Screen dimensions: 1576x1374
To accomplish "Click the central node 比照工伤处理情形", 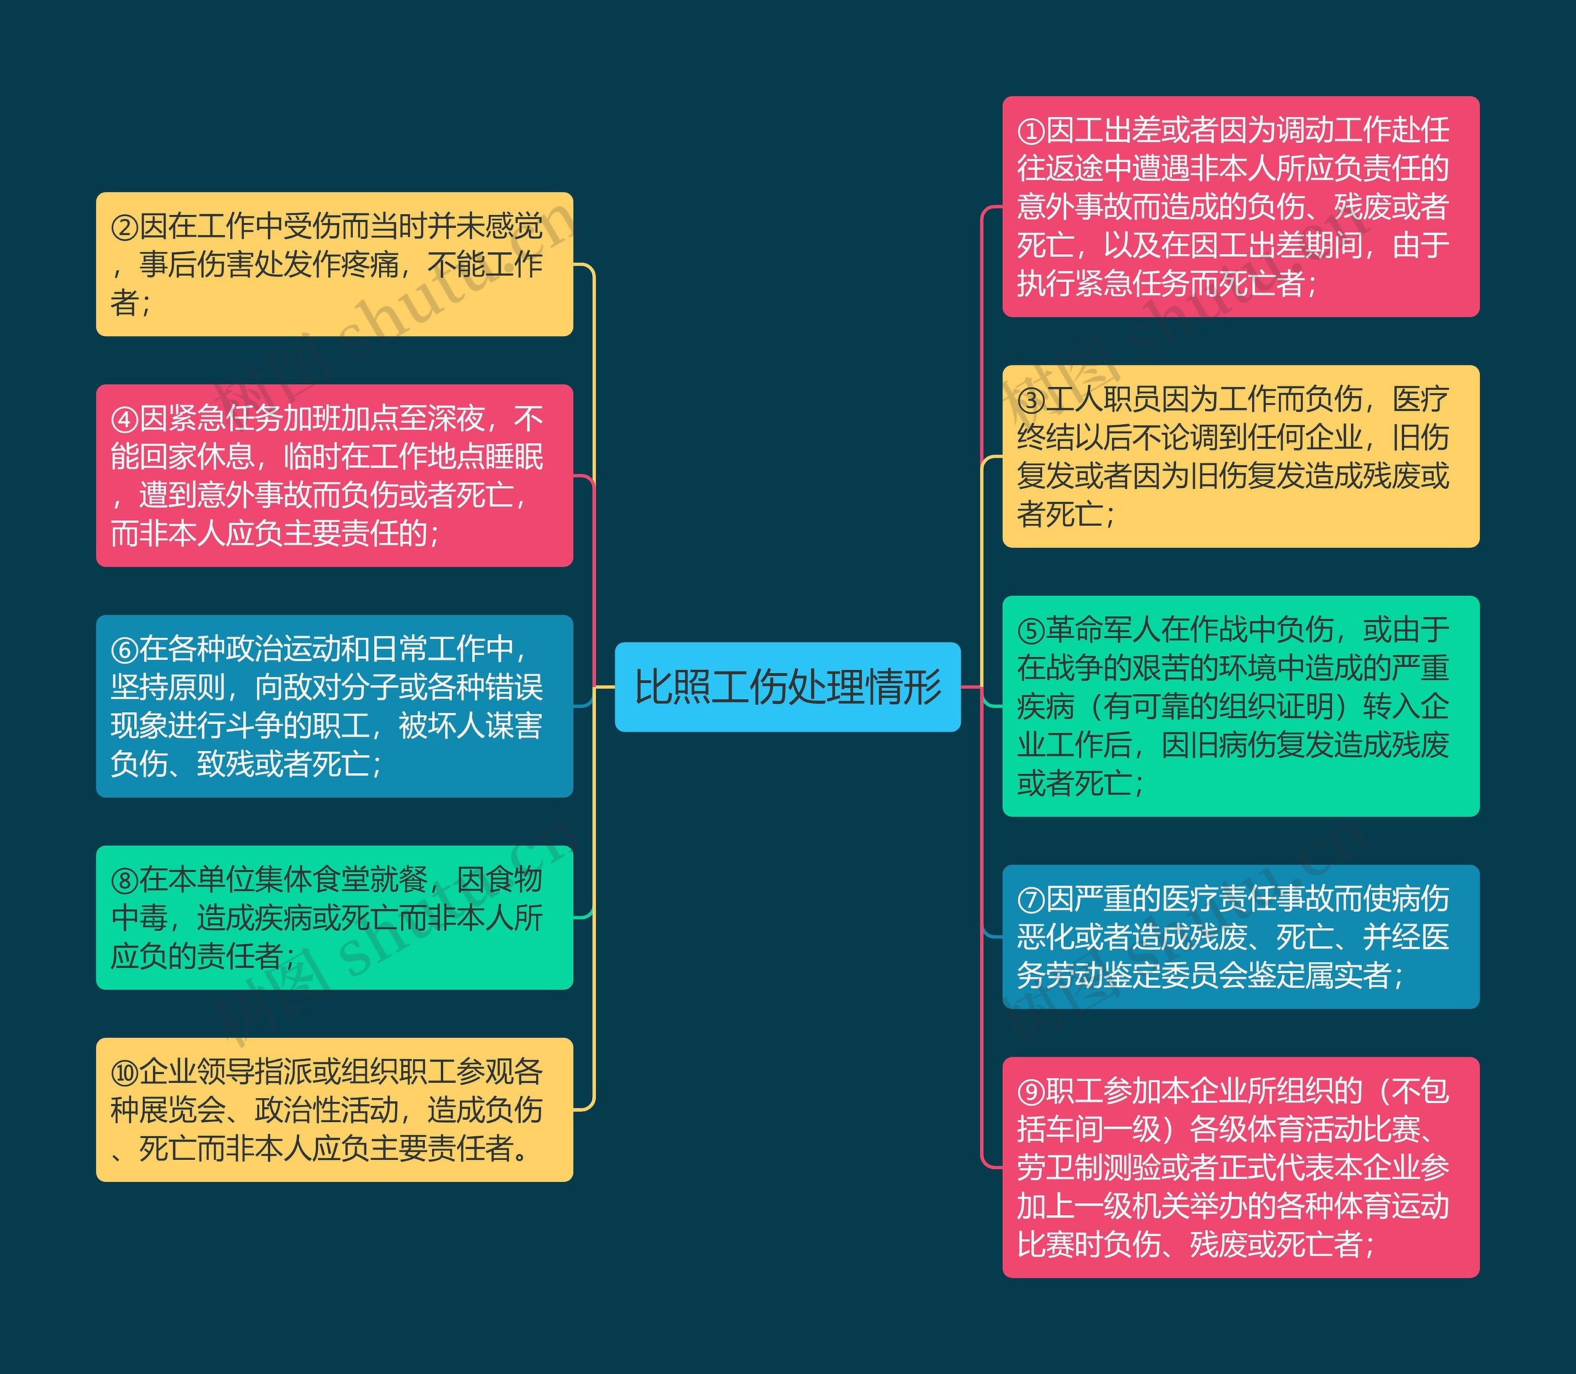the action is [x=787, y=686].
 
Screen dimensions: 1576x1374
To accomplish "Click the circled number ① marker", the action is [x=1032, y=131].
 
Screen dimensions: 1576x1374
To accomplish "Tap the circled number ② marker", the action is [x=124, y=227].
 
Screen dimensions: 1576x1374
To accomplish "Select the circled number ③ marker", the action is [x=1032, y=400].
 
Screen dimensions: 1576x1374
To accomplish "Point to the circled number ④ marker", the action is [x=124, y=419].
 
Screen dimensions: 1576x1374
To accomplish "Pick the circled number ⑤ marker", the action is [x=1032, y=631].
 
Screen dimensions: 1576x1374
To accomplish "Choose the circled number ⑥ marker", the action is [x=124, y=650].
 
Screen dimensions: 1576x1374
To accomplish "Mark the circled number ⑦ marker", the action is [x=1032, y=900].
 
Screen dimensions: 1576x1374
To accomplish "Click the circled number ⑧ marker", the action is [x=124, y=881].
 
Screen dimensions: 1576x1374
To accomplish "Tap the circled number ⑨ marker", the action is [x=1032, y=1092].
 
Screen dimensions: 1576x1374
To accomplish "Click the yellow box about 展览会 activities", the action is [x=334, y=1109].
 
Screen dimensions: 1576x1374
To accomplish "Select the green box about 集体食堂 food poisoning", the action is [x=334, y=917].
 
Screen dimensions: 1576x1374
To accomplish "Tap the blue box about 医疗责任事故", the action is [x=1240, y=936].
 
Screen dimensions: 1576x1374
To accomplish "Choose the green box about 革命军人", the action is [x=1240, y=705].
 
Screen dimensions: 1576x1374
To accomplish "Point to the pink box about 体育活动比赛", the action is [x=1240, y=1167].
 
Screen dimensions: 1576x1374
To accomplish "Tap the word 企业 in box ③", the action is [x=1335, y=438].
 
